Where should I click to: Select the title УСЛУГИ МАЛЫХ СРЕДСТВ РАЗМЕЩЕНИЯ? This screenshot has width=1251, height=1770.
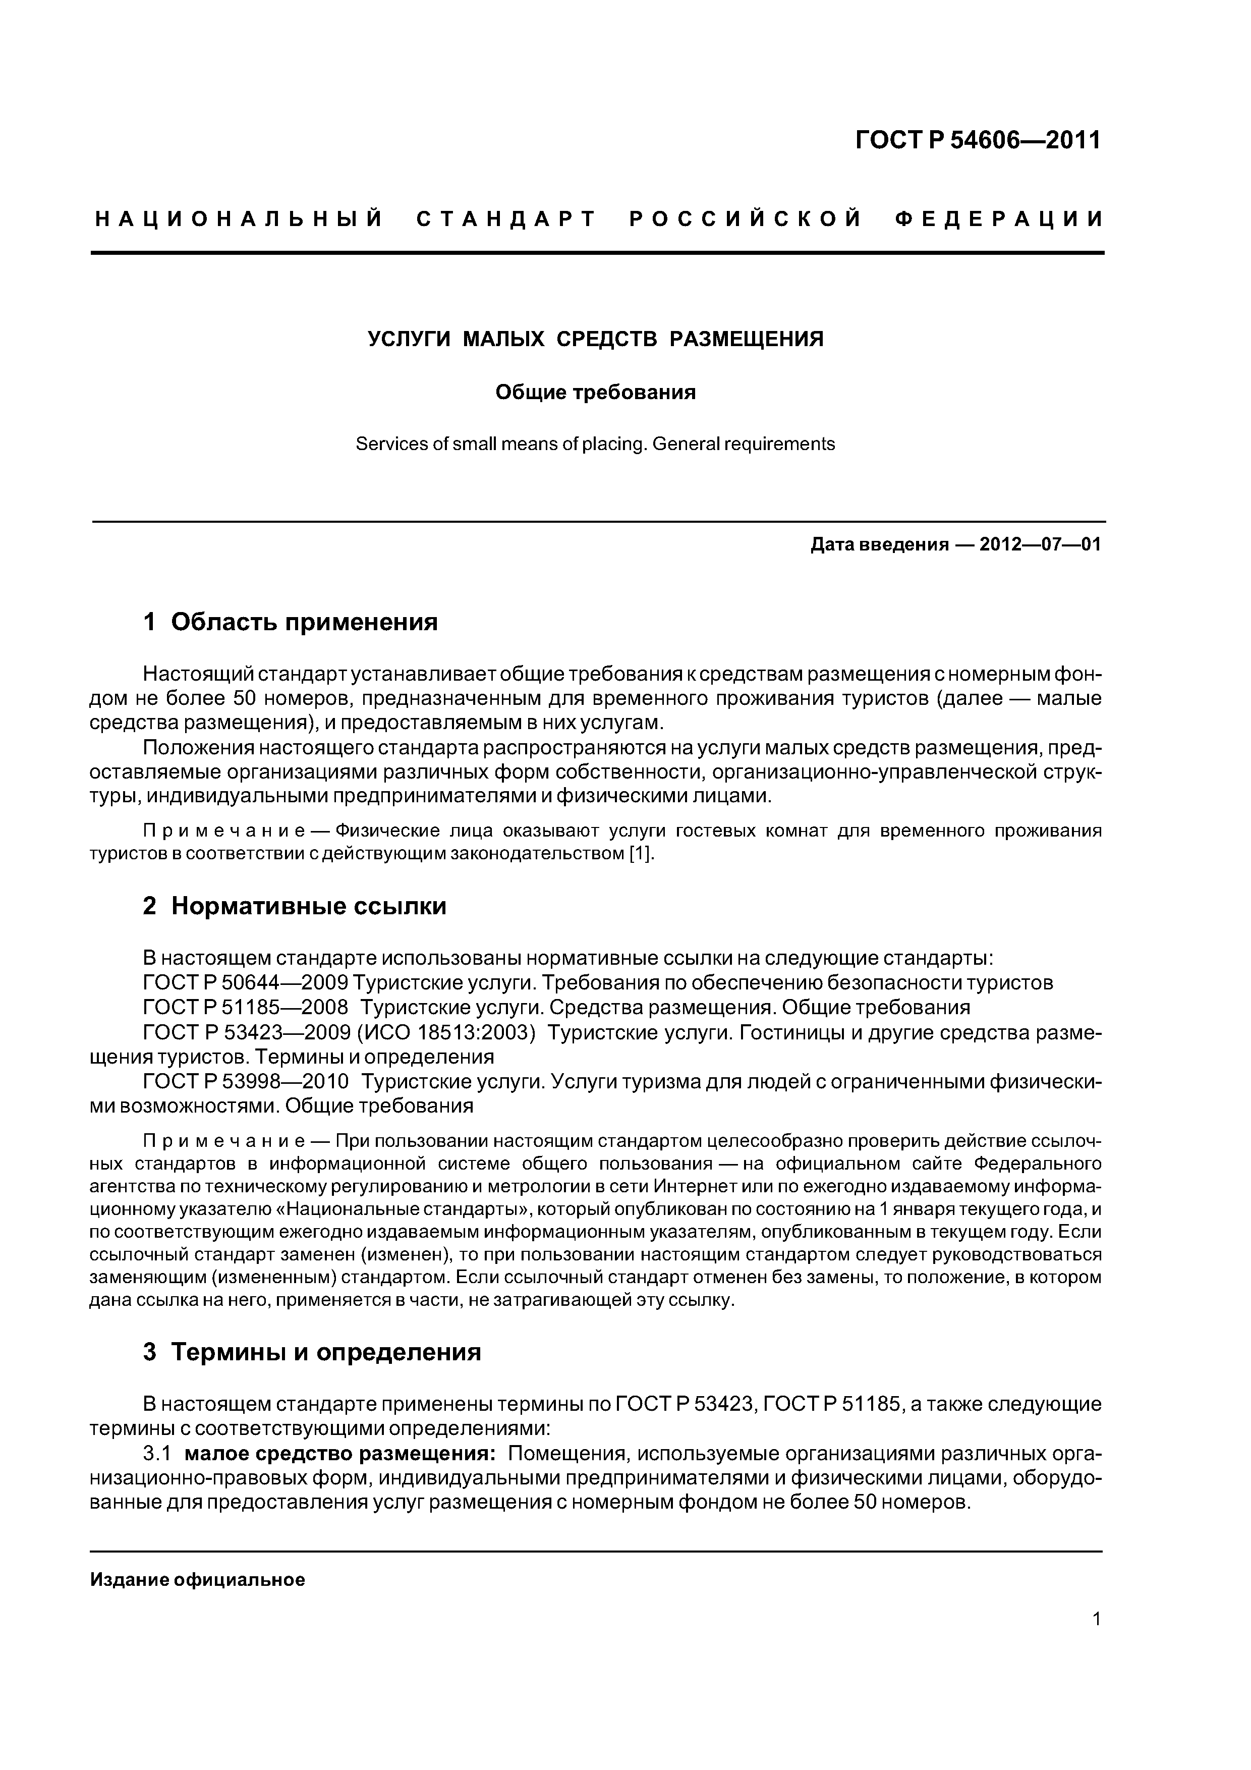coord(595,339)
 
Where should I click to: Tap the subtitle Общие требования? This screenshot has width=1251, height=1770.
coord(595,393)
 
